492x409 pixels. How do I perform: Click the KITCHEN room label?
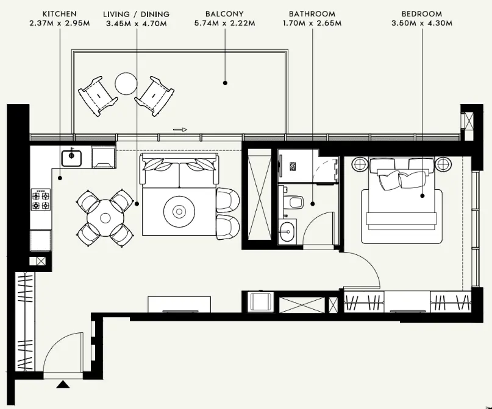point(60,14)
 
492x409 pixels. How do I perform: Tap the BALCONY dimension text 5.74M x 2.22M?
point(225,23)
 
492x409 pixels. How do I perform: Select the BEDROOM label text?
point(422,14)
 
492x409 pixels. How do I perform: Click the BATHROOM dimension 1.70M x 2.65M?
point(312,23)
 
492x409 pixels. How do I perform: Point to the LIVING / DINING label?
point(136,14)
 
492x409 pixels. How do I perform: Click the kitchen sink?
point(71,158)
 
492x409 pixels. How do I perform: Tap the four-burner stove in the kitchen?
point(41,200)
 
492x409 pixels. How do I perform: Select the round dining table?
point(105,218)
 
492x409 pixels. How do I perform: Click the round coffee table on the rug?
point(179,212)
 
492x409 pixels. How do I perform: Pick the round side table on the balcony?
point(126,83)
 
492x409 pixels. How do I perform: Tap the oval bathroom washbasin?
point(287,232)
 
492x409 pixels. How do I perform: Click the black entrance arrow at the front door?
point(63,384)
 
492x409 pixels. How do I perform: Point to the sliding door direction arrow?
point(180,130)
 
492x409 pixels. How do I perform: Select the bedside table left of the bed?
point(360,164)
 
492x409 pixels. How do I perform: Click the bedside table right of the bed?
point(443,164)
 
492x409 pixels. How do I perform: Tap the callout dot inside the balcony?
point(225,83)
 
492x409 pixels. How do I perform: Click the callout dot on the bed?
point(422,196)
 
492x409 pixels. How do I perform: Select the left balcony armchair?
point(98,96)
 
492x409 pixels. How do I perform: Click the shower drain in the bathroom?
point(293,166)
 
